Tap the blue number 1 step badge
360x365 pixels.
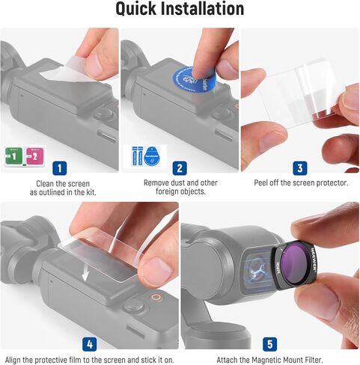click(60, 168)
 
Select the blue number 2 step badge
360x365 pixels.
click(180, 168)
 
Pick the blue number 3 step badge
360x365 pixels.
click(299, 168)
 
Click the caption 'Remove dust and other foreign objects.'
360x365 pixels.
click(180, 188)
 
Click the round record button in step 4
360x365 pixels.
click(134, 306)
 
